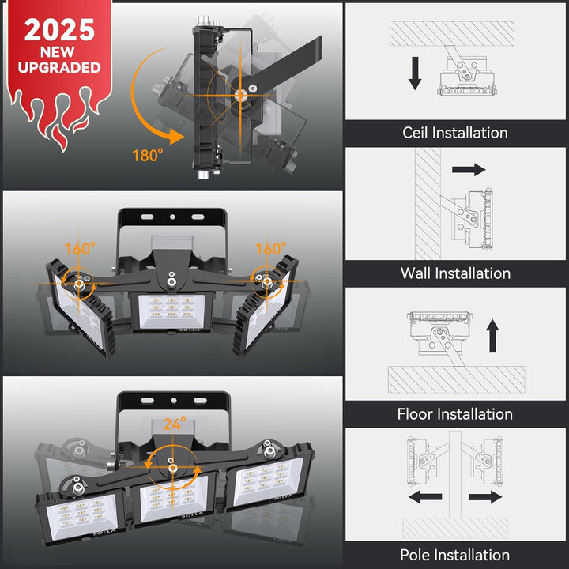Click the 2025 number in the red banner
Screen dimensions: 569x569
59,30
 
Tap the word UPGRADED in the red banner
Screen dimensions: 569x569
59,67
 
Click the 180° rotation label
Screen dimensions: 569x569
148,156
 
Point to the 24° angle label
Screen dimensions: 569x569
175,424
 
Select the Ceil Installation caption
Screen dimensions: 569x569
455,133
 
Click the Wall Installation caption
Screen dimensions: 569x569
455,273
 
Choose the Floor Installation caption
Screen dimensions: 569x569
455,413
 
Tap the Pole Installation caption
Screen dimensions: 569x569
455,555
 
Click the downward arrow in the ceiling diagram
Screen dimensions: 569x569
415,73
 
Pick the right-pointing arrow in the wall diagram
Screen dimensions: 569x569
469,169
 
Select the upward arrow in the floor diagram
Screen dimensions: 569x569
492,336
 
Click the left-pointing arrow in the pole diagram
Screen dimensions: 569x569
425,497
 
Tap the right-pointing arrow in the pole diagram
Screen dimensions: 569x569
485,497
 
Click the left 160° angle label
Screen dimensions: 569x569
80,249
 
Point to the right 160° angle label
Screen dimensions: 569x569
271,249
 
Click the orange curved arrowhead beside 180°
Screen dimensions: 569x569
175,137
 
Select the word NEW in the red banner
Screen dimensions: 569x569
58,52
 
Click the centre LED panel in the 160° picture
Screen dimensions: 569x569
171,311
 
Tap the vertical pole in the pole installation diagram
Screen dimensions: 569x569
455,475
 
